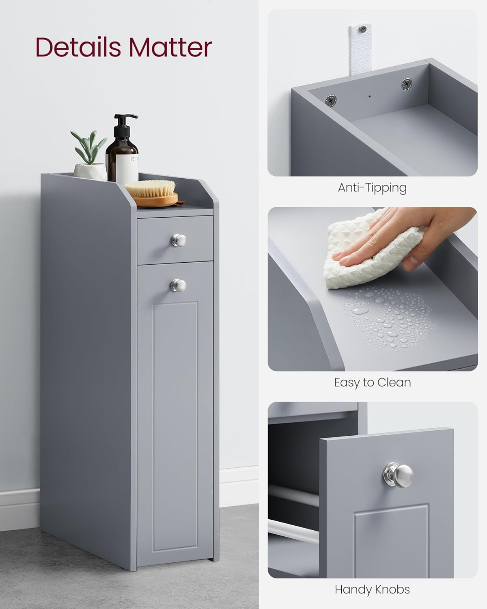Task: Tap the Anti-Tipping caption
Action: tap(372, 188)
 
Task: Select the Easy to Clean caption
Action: tap(372, 382)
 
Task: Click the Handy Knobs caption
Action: tap(372, 589)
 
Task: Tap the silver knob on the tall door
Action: tap(178, 285)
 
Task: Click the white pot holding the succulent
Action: tap(90, 170)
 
